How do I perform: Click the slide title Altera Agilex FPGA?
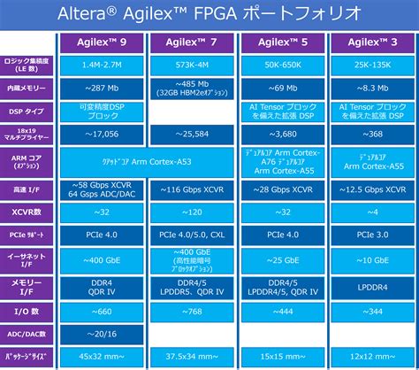pos(209,13)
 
